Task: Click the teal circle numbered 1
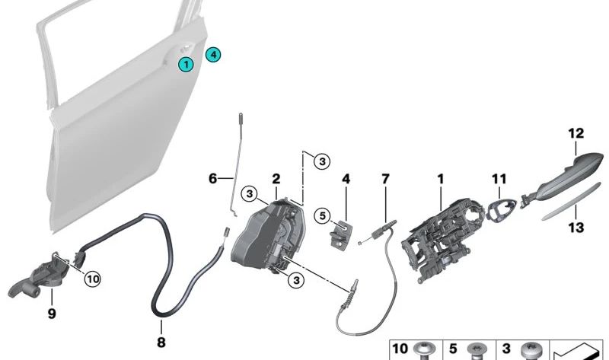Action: (186, 64)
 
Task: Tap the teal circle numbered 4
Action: (213, 55)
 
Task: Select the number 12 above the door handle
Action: (576, 134)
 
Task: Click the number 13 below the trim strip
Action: (576, 227)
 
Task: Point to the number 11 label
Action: (499, 179)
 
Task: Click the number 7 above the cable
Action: (385, 179)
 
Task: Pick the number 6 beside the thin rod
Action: (213, 179)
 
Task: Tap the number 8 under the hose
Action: (161, 342)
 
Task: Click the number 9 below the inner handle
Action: (52, 314)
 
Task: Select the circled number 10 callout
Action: (93, 279)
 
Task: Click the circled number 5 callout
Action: (322, 216)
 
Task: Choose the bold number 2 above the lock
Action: (276, 179)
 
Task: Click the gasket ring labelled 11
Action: (502, 210)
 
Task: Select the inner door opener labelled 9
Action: (38, 275)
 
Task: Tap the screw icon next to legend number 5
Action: (477, 351)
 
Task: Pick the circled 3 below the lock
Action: (296, 279)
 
